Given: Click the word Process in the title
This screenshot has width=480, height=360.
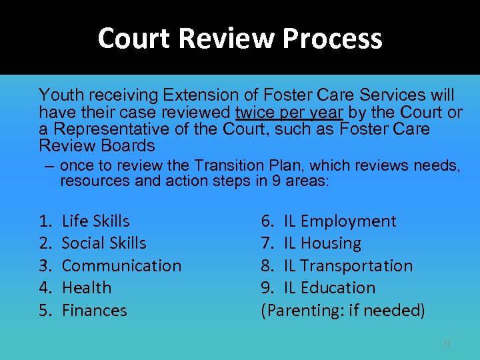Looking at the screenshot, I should tap(332, 39).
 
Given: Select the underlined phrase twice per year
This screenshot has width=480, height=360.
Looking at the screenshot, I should tap(289, 111).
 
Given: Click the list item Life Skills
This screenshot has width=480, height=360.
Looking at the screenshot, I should tap(95, 221).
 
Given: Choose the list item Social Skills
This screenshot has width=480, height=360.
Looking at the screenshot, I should tap(103, 243).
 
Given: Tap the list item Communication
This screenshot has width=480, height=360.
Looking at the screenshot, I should tap(121, 265).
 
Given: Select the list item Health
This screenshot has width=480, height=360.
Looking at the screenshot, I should tap(86, 288).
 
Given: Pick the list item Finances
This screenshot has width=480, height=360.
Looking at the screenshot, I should tap(94, 310).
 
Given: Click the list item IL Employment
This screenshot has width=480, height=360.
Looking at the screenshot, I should tap(339, 221).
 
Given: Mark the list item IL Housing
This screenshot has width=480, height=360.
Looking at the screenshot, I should tap(322, 243).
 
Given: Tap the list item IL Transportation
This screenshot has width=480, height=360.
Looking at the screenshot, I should tap(348, 265).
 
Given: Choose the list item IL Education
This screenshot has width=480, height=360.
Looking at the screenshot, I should tap(329, 288).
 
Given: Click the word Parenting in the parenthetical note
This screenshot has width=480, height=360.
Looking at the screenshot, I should tap(301, 310).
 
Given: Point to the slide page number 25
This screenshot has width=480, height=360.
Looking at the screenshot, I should tap(447, 343).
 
